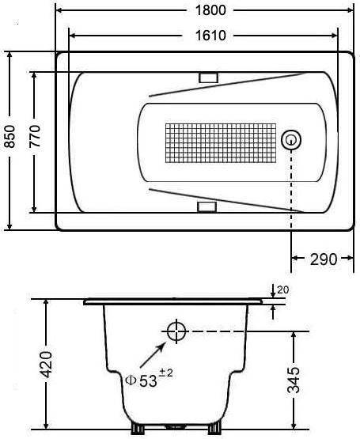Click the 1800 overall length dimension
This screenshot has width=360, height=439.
pos(210,10)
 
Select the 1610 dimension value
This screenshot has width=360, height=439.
pos(210,36)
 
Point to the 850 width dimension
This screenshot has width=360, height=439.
pos(10,137)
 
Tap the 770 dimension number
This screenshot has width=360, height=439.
pos(36,137)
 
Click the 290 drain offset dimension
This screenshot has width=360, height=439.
pos(324,259)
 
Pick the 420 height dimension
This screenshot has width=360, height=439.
pos(46,364)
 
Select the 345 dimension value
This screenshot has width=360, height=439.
pos(294,380)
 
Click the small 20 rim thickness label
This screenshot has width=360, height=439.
pos(282,290)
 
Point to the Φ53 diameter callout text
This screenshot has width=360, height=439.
pos(141,380)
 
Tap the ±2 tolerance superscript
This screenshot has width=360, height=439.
pos(166,373)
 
